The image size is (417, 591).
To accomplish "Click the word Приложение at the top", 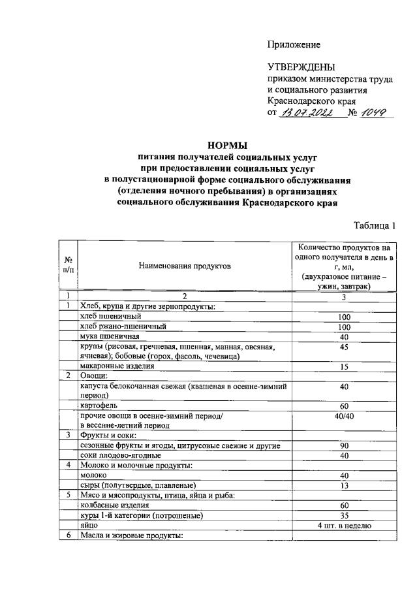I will click(x=294, y=44).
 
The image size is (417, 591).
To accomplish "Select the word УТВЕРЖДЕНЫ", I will click(x=301, y=67).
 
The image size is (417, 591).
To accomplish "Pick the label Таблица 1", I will click(x=375, y=226).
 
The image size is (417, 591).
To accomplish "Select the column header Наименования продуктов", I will click(x=185, y=266).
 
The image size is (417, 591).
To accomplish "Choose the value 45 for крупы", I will click(x=343, y=346).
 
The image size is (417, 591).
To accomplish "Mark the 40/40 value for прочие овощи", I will click(x=343, y=415).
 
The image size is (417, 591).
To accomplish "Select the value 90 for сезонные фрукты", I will click(x=343, y=445).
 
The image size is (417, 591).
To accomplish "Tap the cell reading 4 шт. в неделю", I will click(x=344, y=524).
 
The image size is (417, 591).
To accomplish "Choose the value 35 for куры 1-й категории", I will click(x=343, y=515).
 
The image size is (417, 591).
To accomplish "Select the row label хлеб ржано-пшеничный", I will click(x=122, y=326).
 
